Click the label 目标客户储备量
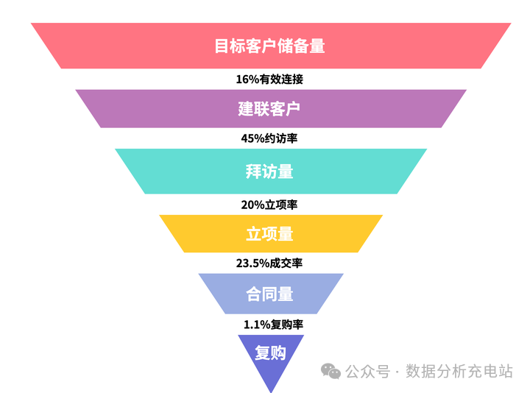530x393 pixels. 269,46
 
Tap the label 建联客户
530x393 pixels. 269,109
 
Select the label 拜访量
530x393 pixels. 269,171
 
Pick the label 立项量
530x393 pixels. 269,234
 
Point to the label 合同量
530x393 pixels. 269,294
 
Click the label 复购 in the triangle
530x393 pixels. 269,353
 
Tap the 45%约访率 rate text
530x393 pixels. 269,138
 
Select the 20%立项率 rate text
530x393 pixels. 269,205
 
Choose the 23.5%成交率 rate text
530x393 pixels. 269,263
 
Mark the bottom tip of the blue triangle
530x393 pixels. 270,392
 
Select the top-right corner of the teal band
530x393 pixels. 426,150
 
